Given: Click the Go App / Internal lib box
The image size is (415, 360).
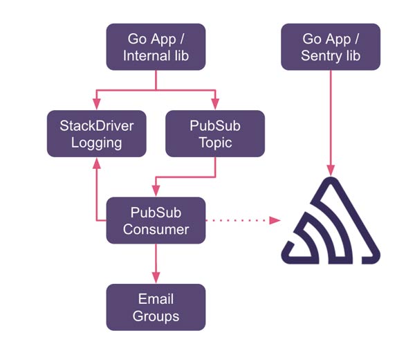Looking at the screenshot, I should coord(156,46).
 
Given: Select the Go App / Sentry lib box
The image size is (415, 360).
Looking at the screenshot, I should coord(331,46).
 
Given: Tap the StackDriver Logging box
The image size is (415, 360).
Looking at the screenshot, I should coord(96,133).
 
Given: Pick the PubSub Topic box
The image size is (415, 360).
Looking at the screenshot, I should coord(216,133).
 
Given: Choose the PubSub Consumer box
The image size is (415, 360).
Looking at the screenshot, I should coord(156,219).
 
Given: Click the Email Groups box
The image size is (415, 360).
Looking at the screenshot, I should coord(156,307).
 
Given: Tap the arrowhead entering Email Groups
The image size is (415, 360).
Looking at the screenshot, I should coord(156,278).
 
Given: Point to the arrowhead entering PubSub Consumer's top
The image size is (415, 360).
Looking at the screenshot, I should coord(156,191).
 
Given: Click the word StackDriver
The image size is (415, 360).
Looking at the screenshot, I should coord(96,125).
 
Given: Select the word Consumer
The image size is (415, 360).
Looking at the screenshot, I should coord(156,228).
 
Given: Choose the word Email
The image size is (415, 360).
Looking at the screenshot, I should coord(156,298).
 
